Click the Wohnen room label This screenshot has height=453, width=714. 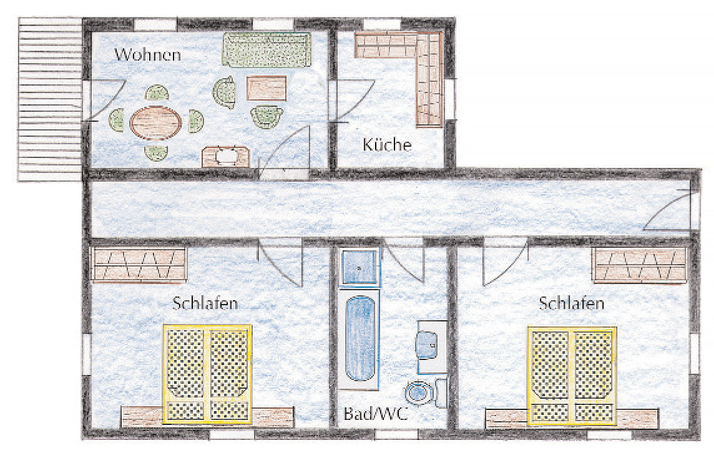coord(147,55)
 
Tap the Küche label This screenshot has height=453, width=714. coord(387,144)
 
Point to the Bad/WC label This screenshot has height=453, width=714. coord(376,414)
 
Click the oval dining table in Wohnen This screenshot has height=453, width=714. coord(156,122)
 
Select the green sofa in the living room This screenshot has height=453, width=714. coord(267,50)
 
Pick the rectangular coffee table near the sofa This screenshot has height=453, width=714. coord(267,88)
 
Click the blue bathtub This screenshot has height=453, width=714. coord(360,339)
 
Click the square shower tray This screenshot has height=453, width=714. coord(359,266)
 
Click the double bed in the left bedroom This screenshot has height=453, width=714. coord(207,374)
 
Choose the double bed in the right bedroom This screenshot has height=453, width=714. coord(572,375)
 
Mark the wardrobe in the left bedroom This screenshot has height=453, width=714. coord(139,265)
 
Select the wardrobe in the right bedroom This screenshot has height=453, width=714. coord(639,265)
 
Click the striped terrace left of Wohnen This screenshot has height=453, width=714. coord(50,100)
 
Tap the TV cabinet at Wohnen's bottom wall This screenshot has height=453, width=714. coord(226,157)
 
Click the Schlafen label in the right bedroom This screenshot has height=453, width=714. coord(572,303)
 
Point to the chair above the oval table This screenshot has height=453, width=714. coord(157,92)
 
